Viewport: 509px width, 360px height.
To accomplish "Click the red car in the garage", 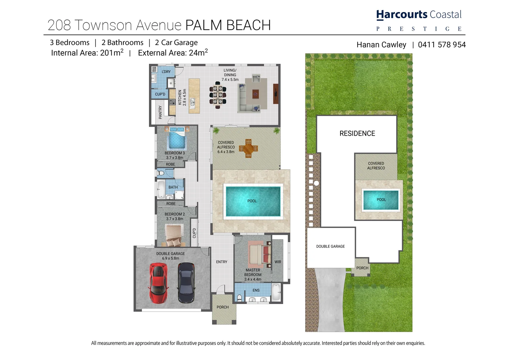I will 158,283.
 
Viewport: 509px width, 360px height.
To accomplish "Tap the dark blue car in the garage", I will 186,283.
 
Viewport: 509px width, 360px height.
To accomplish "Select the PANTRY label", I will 160,112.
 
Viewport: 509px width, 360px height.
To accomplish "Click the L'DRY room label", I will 166,72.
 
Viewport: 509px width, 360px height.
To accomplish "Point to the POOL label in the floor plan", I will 252,201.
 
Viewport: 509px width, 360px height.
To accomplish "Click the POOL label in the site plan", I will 381,200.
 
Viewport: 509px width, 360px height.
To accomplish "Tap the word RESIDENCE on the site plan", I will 357,133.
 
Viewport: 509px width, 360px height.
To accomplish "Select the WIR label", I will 278,262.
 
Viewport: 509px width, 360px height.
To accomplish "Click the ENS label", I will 256,290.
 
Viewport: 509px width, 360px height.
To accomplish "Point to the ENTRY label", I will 222,262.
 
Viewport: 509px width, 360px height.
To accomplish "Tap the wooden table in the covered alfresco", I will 249,148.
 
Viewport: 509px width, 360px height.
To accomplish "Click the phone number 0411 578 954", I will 442,45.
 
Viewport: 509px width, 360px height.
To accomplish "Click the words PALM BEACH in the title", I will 228,25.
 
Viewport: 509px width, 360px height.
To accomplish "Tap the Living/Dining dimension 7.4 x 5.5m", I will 230,80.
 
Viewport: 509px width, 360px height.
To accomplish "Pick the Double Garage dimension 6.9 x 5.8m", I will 170,258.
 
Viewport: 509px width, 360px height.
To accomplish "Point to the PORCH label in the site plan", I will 362,268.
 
